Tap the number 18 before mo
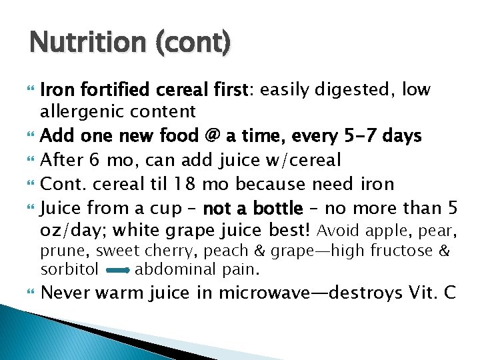coord(179,184)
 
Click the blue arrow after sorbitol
coord(117,271)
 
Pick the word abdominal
coord(168,270)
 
